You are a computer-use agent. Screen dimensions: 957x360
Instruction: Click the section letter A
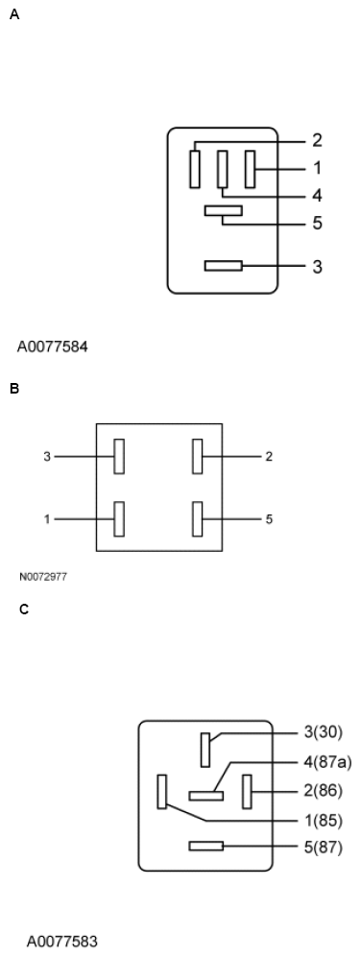(x=13, y=15)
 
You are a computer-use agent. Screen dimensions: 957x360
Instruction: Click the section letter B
(x=13, y=389)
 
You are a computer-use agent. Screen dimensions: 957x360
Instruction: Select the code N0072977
(x=43, y=578)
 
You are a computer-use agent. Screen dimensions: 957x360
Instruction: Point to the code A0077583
(x=62, y=941)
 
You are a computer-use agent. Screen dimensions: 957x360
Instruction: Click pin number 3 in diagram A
(x=317, y=266)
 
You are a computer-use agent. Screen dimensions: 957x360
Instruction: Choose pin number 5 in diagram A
(x=317, y=224)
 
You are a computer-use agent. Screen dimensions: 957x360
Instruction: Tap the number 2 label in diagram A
(x=317, y=140)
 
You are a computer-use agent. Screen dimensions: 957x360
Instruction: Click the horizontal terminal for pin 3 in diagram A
(x=224, y=266)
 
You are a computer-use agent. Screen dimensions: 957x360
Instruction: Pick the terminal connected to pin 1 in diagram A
(x=251, y=170)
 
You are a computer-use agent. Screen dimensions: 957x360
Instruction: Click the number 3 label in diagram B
(x=46, y=457)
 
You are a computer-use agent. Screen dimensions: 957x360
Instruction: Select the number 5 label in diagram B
(x=269, y=519)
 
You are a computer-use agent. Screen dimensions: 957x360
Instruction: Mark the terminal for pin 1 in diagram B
(x=120, y=519)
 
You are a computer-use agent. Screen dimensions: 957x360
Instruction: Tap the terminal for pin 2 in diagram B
(x=198, y=457)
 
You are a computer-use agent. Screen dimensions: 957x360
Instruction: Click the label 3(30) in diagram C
(x=323, y=732)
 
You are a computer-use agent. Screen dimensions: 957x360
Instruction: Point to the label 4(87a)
(x=327, y=762)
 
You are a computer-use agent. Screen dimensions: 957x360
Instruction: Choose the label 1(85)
(x=323, y=821)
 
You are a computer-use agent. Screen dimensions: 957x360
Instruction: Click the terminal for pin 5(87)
(x=206, y=846)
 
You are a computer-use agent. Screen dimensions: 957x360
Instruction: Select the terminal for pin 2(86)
(x=247, y=792)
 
